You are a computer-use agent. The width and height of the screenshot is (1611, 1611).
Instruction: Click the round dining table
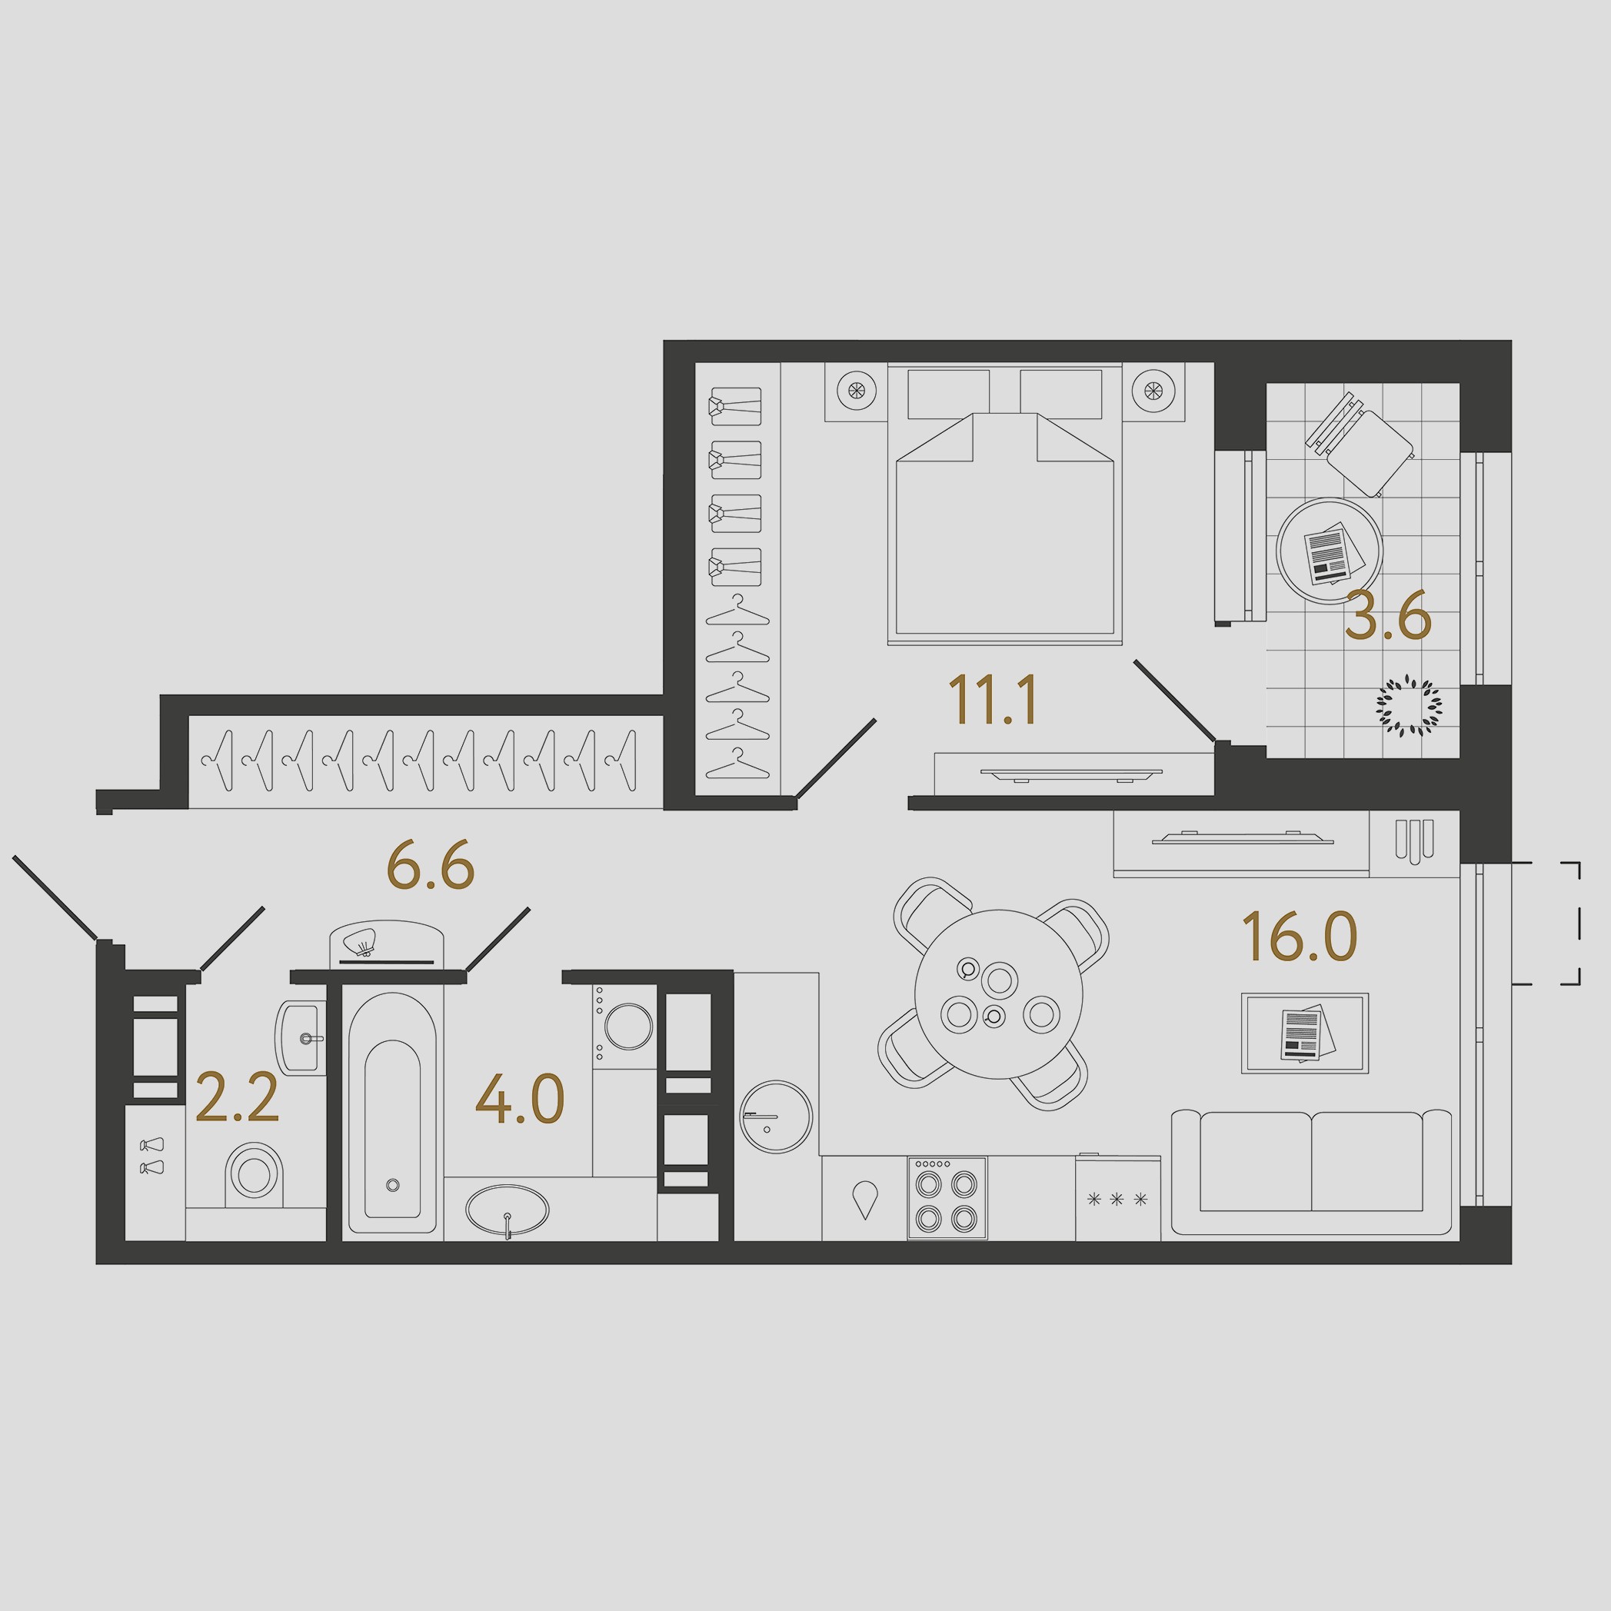pyautogui.click(x=998, y=994)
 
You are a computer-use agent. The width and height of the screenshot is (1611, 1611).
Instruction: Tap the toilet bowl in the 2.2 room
pyautogui.click(x=255, y=1174)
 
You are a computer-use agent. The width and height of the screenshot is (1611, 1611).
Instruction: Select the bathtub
pyautogui.click(x=392, y=1113)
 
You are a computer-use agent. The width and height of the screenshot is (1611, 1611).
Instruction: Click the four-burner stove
pyautogui.click(x=947, y=1197)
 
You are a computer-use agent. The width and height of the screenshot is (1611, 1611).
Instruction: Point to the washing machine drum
pyautogui.click(x=629, y=1026)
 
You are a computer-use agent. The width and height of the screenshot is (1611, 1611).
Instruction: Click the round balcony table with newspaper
pyautogui.click(x=1328, y=551)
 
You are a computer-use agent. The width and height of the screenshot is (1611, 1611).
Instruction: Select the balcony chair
pyautogui.click(x=1360, y=445)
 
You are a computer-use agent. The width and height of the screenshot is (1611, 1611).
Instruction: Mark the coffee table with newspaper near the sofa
pyautogui.click(x=1305, y=1032)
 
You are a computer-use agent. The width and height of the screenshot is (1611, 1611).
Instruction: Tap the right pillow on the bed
pyautogui.click(x=1060, y=394)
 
